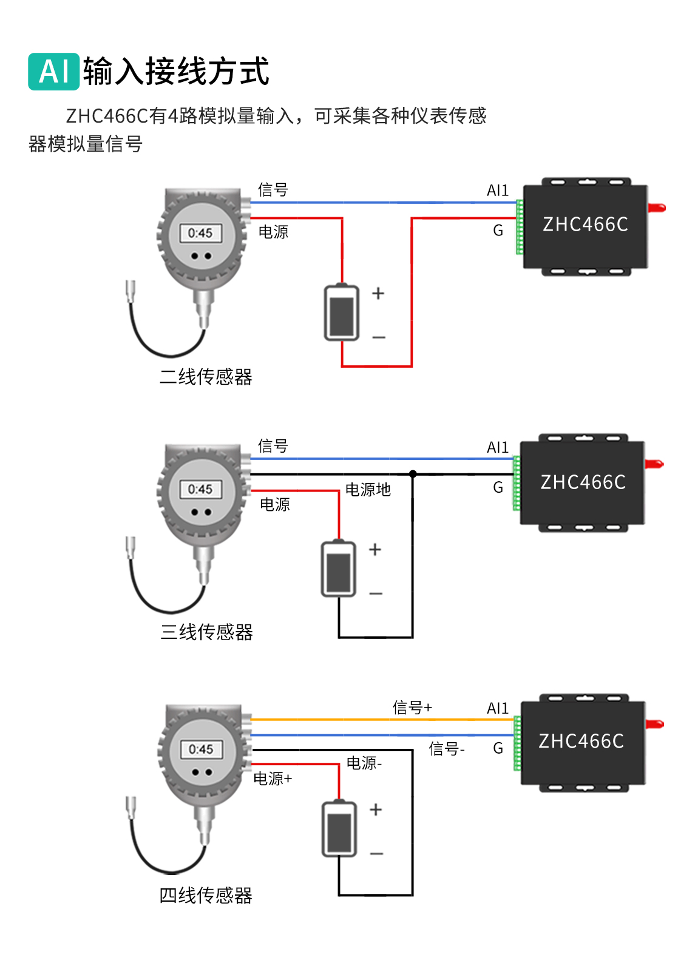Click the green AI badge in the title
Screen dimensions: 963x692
click(53, 72)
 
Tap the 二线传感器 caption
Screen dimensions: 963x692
click(206, 377)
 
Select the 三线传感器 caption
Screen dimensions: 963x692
click(206, 632)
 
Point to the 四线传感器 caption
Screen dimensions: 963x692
click(206, 895)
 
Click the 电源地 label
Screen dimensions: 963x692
click(368, 490)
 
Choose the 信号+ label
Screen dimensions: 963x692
click(412, 708)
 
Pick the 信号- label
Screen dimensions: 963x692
click(447, 749)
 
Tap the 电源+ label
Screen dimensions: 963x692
click(273, 779)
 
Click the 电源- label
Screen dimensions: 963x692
click(364, 763)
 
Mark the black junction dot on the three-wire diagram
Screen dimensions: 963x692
click(413, 474)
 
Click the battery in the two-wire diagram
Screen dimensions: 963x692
click(342, 313)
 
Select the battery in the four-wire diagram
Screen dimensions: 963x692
click(339, 829)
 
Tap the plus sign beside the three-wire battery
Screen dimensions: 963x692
click(375, 550)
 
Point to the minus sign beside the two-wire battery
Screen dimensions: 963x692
click(379, 337)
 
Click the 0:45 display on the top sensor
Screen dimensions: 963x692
click(200, 233)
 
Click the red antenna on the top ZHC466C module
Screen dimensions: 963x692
click(657, 208)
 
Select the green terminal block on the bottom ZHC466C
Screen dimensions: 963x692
click(517, 743)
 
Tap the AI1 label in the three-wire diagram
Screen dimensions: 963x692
click(498, 448)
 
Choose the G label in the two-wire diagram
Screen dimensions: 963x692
click(498, 231)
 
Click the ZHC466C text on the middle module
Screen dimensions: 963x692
click(583, 482)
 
